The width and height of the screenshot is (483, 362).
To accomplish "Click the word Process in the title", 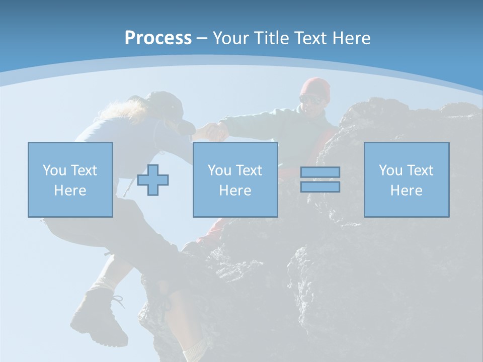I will (x=158, y=38).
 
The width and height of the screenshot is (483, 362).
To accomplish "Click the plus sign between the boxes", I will (x=153, y=180).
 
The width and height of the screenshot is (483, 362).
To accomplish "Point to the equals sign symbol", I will (x=320, y=179).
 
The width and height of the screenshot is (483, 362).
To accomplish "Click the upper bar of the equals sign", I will (x=320, y=172).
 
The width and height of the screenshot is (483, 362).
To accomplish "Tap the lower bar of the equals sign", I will (x=320, y=187).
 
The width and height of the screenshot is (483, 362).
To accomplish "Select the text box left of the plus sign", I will (x=70, y=179).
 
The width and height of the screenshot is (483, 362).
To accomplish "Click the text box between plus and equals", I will (x=235, y=179).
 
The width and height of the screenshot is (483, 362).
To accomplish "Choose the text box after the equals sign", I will (x=407, y=179).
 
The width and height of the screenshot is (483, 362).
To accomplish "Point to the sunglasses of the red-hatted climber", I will (x=312, y=99).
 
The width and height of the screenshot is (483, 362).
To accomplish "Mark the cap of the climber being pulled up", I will (x=169, y=108).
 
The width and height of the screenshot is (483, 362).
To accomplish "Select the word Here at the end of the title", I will (x=352, y=38).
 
